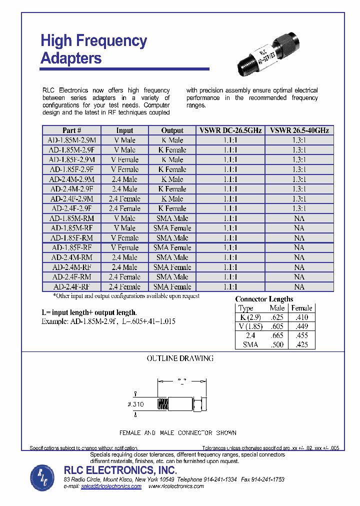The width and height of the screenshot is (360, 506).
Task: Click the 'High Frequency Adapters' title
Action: pyautogui.click(x=93, y=49)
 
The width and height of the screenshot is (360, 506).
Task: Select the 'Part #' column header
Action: pyautogui.click(x=71, y=130)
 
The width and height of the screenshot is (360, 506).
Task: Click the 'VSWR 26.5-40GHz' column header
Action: pyautogui.click(x=299, y=130)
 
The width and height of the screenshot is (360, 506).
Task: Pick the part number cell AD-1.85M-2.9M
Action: pyautogui.click(x=71, y=140)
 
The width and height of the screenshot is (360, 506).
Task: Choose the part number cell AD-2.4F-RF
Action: pyautogui.click(x=71, y=287)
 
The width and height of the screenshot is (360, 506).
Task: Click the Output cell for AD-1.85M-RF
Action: pyautogui.click(x=172, y=228)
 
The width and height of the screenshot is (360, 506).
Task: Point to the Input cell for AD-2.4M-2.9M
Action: pyautogui.click(x=124, y=179)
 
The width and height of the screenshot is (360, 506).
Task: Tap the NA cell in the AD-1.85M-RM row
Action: pyautogui.click(x=299, y=218)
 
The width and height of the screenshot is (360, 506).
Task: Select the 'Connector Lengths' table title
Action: pyautogui.click(x=264, y=299)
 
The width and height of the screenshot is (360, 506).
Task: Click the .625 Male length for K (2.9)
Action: pyautogui.click(x=276, y=317)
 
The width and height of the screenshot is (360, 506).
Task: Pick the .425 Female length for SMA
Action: pyautogui.click(x=301, y=344)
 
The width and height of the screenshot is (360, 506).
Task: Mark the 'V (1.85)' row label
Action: pyautogui.click(x=250, y=326)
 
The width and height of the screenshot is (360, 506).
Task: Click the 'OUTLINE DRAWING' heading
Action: pyautogui.click(x=180, y=358)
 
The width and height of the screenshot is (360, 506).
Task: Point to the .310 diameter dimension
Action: pyautogui.click(x=136, y=404)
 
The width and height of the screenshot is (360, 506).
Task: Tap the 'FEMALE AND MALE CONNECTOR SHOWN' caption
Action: pyautogui.click(x=177, y=432)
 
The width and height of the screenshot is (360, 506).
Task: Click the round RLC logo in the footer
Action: pyautogui.click(x=43, y=477)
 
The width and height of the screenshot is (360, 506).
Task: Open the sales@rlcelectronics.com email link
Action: pyautogui.click(x=111, y=486)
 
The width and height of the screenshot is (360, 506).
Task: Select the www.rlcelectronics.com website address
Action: pyautogui.click(x=176, y=486)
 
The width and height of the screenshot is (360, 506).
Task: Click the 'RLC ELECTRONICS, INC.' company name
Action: pyautogui.click(x=120, y=470)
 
